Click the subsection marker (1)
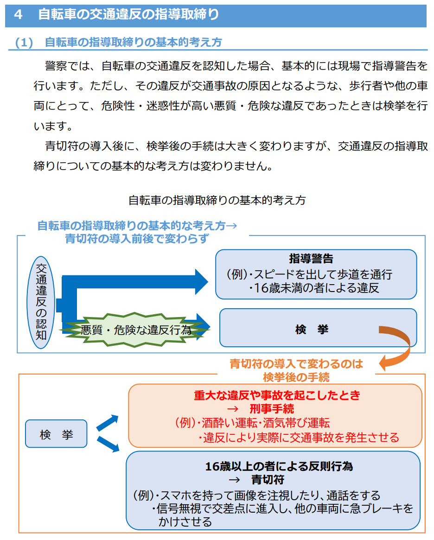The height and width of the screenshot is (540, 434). (25, 43)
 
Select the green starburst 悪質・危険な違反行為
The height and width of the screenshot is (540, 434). (136, 330)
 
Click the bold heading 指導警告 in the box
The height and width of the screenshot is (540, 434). (311, 259)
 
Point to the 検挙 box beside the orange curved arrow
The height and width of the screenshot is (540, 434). (312, 329)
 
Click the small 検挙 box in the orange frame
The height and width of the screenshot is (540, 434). (56, 434)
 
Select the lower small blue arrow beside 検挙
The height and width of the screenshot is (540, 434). (108, 445)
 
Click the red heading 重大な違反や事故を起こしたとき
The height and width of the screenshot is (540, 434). (277, 395)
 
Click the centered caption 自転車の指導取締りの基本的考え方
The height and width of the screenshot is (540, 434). (217, 200)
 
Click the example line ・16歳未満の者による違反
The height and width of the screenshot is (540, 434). (314, 288)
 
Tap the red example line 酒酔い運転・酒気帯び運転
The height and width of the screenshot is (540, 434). (263, 423)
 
